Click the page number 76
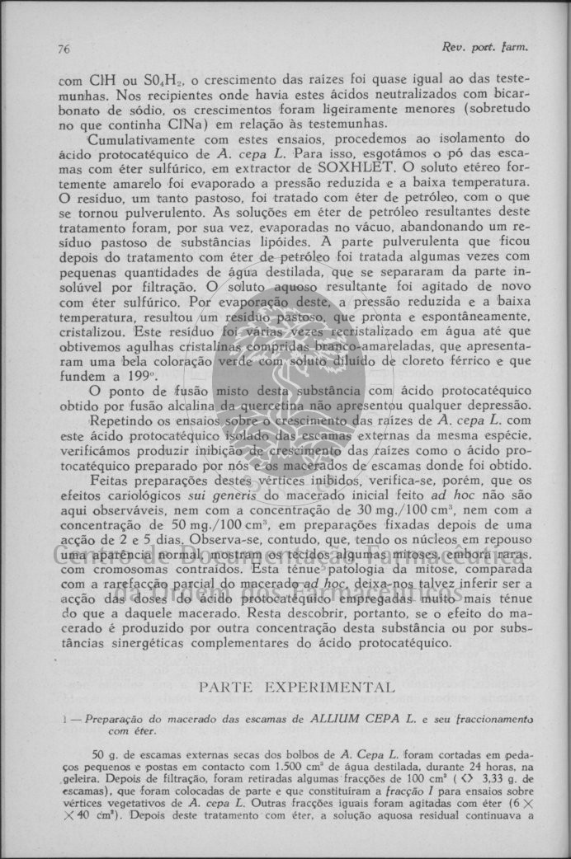[x=64, y=49]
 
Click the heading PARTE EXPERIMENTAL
[x=297, y=687]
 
